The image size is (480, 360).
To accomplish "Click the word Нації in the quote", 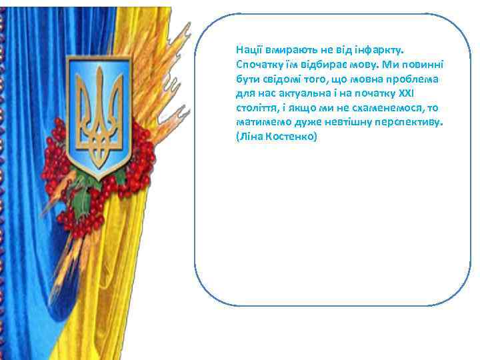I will tap(248, 50).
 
